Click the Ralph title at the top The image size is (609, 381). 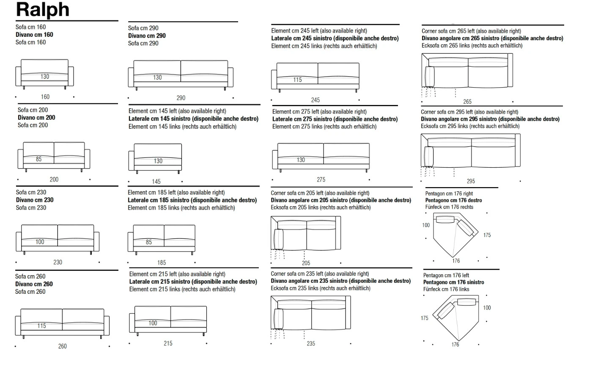(43, 10)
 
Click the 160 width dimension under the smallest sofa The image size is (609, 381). (45, 97)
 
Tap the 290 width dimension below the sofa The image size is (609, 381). (181, 98)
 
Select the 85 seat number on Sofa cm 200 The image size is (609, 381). (39, 159)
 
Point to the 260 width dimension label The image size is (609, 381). (62, 346)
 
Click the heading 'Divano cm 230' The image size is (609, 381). (35, 200)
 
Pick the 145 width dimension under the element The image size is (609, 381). (156, 182)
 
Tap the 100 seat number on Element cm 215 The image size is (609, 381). (153, 323)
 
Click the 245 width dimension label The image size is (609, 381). (315, 100)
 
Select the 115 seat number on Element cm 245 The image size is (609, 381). (297, 80)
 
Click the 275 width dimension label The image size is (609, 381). (321, 179)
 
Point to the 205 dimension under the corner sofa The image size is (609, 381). (306, 263)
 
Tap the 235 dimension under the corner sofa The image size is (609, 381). (311, 344)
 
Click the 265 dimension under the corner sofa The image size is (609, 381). (467, 102)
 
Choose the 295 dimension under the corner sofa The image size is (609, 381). (471, 181)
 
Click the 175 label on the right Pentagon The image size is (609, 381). (487, 235)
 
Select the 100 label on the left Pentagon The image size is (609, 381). (487, 308)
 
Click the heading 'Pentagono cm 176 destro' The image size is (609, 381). (453, 200)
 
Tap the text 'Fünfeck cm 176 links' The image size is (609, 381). (446, 289)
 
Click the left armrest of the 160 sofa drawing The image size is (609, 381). (18, 76)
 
